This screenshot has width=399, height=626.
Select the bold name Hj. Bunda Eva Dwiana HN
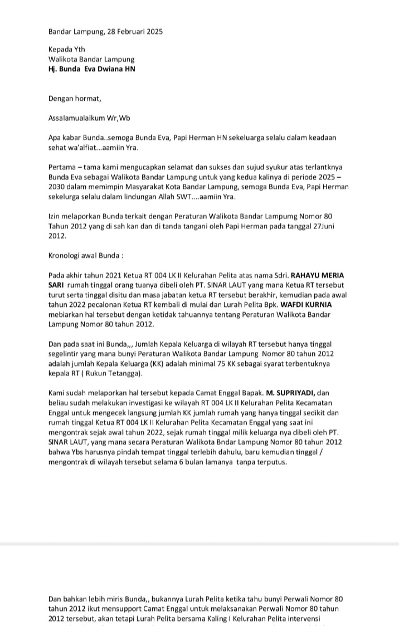point(91,69)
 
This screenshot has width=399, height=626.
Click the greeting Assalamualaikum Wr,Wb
point(89,118)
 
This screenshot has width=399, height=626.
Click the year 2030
point(59,187)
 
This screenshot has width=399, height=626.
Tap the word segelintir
point(67,354)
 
